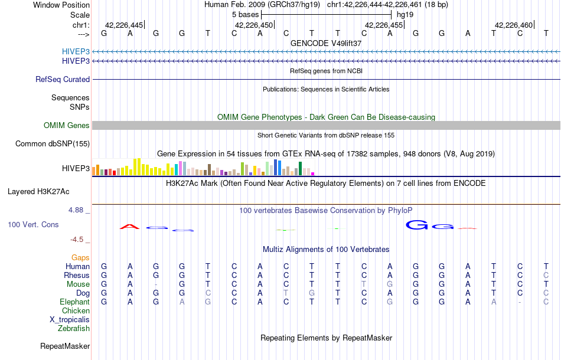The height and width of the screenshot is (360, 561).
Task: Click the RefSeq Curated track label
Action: [x=63, y=80]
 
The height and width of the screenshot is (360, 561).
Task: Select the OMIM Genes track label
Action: [x=67, y=126]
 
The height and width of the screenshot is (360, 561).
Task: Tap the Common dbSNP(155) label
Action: [x=53, y=144]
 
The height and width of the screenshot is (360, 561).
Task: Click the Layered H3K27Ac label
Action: [x=38, y=192]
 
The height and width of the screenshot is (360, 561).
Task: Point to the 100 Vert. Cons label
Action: [x=34, y=225]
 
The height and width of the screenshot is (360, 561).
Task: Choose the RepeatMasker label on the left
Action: [x=65, y=346]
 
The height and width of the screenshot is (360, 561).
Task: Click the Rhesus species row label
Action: [x=77, y=276]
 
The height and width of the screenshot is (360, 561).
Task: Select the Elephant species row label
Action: [x=75, y=302]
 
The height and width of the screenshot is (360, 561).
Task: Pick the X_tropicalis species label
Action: [x=70, y=320]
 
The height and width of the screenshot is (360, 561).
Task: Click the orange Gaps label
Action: [x=80, y=258]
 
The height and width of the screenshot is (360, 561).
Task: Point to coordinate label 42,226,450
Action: [x=254, y=25]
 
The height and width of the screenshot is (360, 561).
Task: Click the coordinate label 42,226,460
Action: [x=514, y=25]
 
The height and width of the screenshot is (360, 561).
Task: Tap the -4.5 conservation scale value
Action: [x=79, y=240]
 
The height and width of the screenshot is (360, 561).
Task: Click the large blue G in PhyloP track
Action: [x=419, y=225]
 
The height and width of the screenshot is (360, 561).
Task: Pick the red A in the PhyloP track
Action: [x=129, y=226]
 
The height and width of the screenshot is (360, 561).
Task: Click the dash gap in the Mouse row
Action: [x=156, y=284]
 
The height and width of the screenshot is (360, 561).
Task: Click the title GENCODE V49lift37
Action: [x=326, y=44]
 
